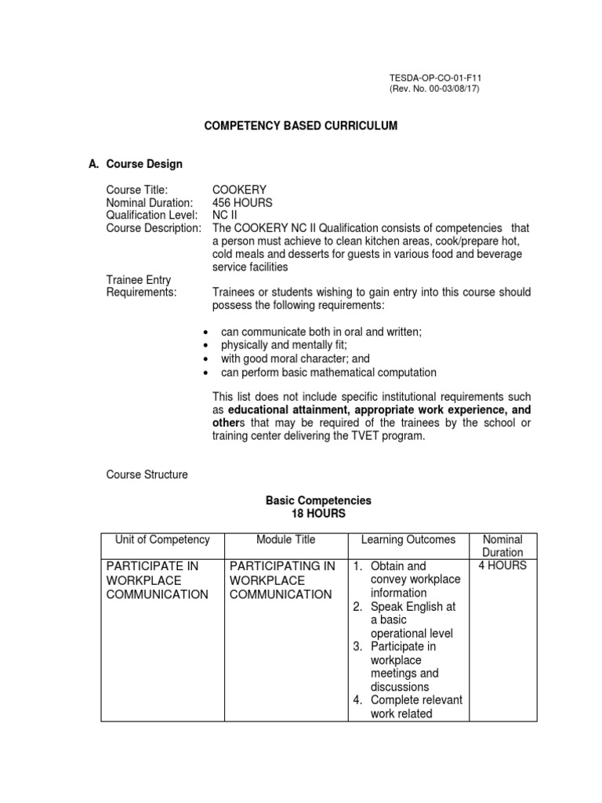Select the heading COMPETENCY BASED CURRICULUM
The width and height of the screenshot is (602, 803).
tap(301, 126)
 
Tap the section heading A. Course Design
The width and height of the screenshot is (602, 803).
tap(136, 164)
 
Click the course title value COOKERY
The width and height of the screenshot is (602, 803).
tap(239, 190)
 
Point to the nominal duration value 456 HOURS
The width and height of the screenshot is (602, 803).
tap(242, 202)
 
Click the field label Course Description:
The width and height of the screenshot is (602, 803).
tap(154, 227)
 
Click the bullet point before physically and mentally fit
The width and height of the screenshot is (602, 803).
tap(205, 346)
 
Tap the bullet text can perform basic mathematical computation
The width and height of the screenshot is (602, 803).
tap(328, 372)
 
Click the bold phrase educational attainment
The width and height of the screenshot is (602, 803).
tap(289, 409)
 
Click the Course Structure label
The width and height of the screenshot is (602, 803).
tap(147, 474)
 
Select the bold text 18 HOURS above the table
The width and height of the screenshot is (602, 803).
tap(318, 514)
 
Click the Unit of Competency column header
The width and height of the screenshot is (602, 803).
tap(162, 540)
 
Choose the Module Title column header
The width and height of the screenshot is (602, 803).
tap(285, 540)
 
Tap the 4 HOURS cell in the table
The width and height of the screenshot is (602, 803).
tap(502, 566)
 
